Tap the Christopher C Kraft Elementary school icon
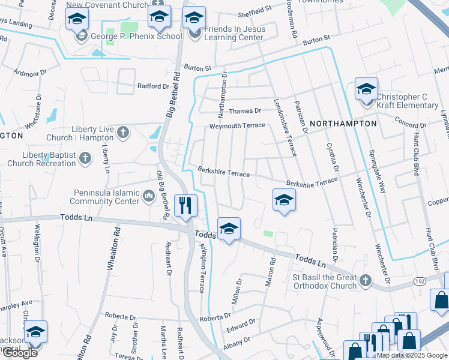tap(366, 89)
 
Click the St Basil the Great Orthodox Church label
tap(324, 281)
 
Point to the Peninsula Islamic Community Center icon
tap(148, 196)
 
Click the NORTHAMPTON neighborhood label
tap(343, 124)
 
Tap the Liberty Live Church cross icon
tap(123, 132)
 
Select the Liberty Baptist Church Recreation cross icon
tap(85, 158)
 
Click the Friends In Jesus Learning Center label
tap(234, 33)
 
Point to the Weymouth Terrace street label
tap(237, 125)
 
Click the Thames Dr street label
tap(245, 110)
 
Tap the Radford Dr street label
tap(154, 86)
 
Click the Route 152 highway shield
tap(421, 280)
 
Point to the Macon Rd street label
tap(271, 271)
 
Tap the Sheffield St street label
tap(255, 10)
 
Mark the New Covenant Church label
tap(107, 5)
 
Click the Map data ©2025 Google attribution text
tap(412, 355)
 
